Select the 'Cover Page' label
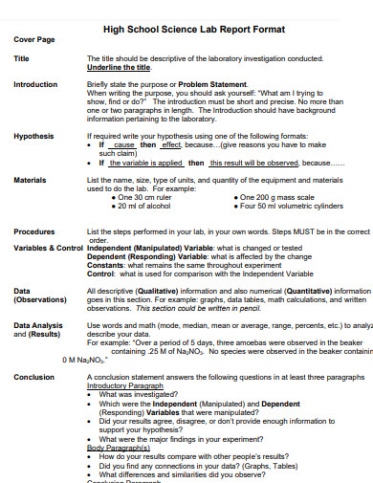tap(33, 40)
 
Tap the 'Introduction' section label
tap(35, 84)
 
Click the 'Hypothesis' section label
tap(33, 136)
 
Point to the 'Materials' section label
tap(31, 179)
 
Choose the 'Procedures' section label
tap(34, 231)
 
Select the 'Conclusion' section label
tap(33, 377)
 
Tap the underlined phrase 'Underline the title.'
tap(119, 67)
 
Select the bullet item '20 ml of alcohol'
tap(147, 205)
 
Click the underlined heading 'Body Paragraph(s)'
tap(119, 447)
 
